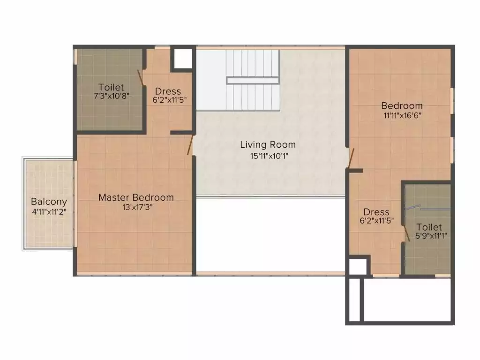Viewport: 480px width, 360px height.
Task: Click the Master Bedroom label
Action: pyautogui.click(x=136, y=197)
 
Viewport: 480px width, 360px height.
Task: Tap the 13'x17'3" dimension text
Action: pyautogui.click(x=136, y=207)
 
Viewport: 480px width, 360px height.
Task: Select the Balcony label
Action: pyautogui.click(x=49, y=202)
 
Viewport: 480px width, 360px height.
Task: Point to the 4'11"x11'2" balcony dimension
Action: pyautogui.click(x=49, y=211)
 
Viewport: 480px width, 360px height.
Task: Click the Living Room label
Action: pyautogui.click(x=268, y=144)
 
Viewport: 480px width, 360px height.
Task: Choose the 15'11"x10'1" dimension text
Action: pyautogui.click(x=268, y=156)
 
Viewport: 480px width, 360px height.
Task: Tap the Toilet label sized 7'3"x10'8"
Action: pyautogui.click(x=111, y=87)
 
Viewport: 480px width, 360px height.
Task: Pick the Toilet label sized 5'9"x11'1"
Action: pyautogui.click(x=429, y=227)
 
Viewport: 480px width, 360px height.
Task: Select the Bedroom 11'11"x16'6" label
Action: pyautogui.click(x=402, y=105)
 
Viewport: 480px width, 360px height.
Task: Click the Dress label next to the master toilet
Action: pyautogui.click(x=168, y=91)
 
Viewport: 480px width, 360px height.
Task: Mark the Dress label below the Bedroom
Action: pyautogui.click(x=376, y=212)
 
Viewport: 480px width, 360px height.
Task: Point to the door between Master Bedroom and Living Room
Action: pyautogui.click(x=190, y=145)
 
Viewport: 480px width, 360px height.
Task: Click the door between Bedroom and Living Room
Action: pyautogui.click(x=351, y=158)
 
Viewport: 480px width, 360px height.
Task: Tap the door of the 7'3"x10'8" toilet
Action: pyautogui.click(x=140, y=78)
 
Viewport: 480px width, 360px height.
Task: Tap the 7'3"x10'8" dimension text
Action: pyautogui.click(x=111, y=96)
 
